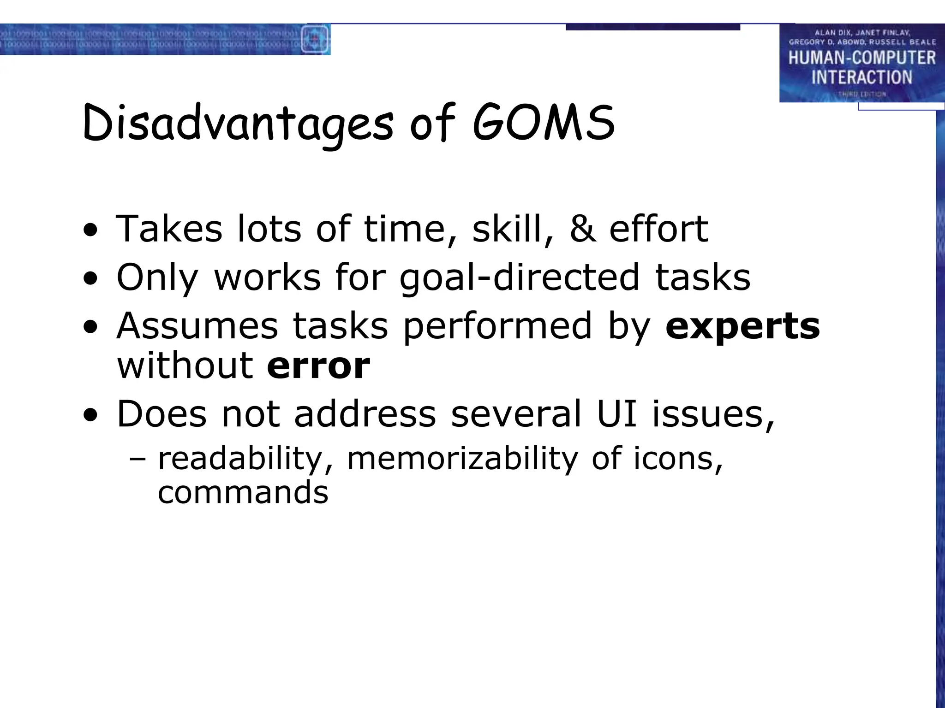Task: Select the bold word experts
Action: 742,326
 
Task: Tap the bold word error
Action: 318,366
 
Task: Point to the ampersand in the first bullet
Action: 582,229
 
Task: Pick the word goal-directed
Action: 520,277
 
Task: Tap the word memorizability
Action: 462,459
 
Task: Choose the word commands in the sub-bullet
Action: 243,492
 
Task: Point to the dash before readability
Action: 138,459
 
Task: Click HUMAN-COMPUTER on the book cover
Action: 861,58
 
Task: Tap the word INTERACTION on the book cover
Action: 861,77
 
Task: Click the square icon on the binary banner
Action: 315,39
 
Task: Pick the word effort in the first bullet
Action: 658,229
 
